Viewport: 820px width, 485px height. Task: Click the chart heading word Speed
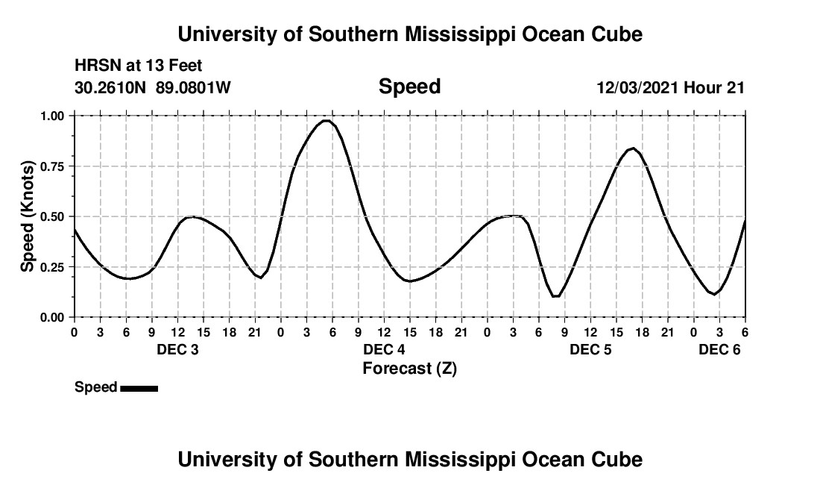click(409, 87)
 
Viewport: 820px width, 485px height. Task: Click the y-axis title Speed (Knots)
click(28, 216)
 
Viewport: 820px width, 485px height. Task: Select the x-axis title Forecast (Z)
click(409, 368)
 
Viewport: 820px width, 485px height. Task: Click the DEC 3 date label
click(177, 349)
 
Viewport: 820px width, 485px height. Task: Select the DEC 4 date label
click(384, 349)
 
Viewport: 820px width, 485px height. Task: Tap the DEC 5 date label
click(590, 349)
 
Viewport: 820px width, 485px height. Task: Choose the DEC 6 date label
click(719, 349)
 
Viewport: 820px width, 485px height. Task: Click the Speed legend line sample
click(139, 388)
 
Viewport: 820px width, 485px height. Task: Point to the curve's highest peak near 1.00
click(326, 120)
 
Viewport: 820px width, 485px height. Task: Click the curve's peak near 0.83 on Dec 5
click(632, 148)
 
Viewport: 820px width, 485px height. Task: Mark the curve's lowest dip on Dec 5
click(555, 296)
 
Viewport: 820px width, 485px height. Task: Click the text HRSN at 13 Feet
click(138, 66)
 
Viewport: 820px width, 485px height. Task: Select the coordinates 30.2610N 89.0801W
click(153, 87)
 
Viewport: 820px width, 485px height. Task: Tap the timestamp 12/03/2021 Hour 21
click(670, 87)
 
